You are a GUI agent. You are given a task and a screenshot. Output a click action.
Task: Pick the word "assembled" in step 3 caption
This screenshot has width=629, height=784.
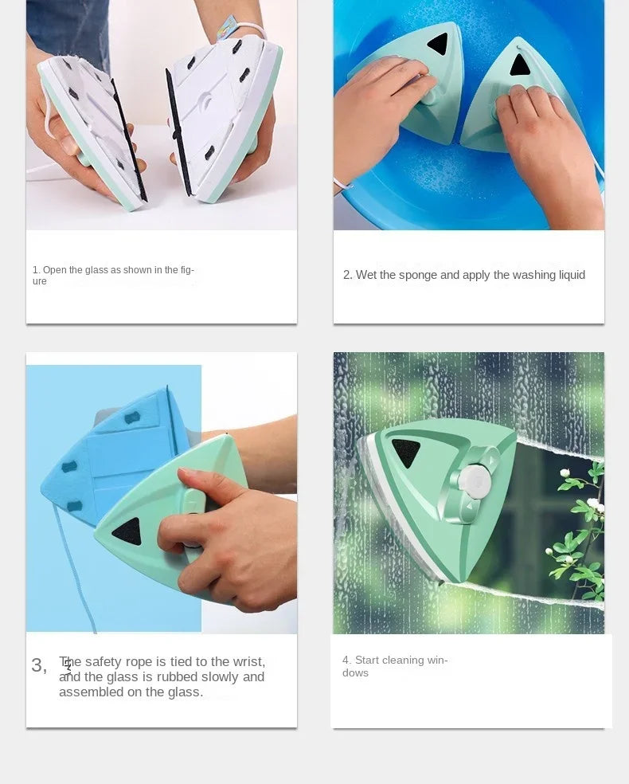pos(86,692)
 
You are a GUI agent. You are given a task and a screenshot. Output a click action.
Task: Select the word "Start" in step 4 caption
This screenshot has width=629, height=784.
pos(367,661)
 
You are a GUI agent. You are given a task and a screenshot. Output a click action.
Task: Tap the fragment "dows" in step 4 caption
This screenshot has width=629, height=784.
pos(355,673)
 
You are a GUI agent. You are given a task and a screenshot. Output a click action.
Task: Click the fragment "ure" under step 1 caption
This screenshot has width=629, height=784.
pos(39,282)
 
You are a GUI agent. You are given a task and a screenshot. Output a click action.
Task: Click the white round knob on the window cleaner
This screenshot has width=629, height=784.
pos(475,482)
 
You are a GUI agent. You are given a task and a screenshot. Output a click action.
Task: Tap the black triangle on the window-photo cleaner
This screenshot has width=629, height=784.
pos(406,452)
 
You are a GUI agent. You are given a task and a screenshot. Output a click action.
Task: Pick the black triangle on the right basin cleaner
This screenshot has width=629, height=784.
pos(520,65)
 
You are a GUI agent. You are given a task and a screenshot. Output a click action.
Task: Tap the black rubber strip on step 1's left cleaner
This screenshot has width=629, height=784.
pos(129,139)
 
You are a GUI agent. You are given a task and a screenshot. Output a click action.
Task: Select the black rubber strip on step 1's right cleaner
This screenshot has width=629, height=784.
pos(179,131)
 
